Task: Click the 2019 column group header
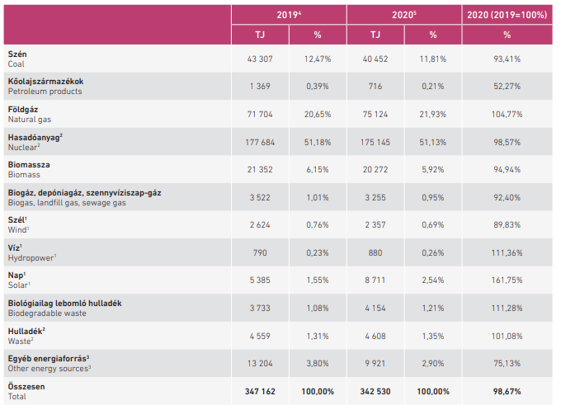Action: [289, 15]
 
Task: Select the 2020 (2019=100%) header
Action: [507, 15]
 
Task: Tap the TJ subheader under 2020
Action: [375, 35]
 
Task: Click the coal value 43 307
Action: [260, 59]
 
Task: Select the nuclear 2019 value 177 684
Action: [260, 143]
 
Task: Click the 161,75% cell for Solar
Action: [507, 280]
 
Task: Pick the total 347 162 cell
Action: [260, 392]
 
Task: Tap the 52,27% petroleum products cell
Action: [507, 87]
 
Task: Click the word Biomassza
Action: [29, 165]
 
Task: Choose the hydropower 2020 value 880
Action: [375, 253]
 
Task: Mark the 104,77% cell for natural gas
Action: [507, 115]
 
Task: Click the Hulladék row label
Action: [26, 332]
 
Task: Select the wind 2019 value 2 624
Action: [260, 225]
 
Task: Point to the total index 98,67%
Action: [507, 392]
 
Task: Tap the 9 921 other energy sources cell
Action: [375, 364]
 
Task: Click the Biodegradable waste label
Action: [47, 313]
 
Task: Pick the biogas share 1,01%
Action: [318, 197]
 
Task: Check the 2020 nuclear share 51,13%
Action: [432, 143]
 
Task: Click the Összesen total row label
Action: [26, 387]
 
